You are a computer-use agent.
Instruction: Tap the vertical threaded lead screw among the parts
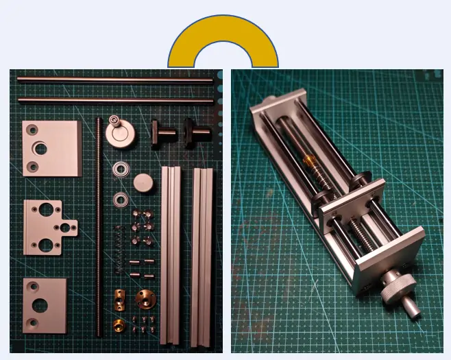[100, 226]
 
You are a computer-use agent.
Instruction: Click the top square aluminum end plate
[51, 148]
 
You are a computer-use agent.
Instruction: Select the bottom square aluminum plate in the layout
[45, 304]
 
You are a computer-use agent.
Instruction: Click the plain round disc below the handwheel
[142, 183]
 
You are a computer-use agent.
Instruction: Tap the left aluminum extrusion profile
[171, 254]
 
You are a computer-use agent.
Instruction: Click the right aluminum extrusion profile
[203, 254]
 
